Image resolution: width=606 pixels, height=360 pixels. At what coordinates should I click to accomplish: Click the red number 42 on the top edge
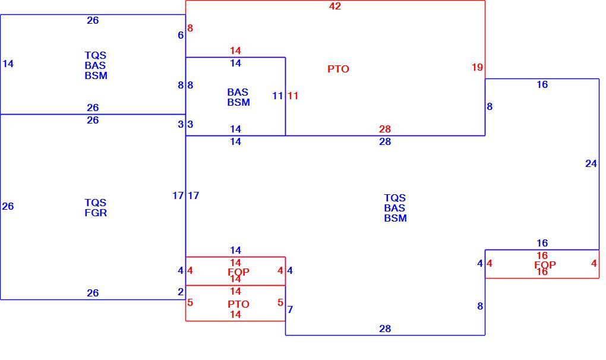tap(335, 6)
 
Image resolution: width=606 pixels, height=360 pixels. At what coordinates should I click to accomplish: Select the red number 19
tap(477, 67)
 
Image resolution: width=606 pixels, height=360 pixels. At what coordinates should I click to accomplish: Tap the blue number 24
tap(591, 164)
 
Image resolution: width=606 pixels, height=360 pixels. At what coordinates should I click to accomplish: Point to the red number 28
tap(385, 129)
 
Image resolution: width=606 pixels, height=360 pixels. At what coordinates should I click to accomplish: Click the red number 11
tap(293, 96)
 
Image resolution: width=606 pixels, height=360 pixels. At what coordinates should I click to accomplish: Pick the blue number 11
tap(277, 96)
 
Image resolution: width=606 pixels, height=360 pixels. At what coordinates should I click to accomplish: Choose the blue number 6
tap(181, 35)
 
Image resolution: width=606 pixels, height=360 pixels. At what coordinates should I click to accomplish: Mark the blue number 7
tap(291, 310)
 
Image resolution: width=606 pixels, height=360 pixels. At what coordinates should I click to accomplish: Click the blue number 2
tap(181, 292)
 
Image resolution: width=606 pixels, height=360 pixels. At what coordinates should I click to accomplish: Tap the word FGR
tap(96, 213)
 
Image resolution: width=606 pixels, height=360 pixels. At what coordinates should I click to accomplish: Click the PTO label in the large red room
tap(338, 69)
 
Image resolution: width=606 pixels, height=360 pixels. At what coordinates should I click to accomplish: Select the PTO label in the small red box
tap(238, 304)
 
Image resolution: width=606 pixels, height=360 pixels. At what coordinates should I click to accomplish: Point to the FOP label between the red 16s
tap(545, 264)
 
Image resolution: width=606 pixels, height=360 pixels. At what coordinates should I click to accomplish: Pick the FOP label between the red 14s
tap(238, 271)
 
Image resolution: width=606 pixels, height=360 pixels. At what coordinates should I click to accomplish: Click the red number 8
tap(190, 28)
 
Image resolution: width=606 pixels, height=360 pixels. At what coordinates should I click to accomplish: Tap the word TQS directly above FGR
tap(96, 203)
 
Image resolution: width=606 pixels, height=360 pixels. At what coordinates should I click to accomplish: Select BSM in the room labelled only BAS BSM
tap(238, 102)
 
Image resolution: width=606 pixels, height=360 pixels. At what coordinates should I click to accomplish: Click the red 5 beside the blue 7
tap(280, 302)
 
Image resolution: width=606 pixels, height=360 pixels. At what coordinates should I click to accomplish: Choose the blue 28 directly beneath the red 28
tap(385, 142)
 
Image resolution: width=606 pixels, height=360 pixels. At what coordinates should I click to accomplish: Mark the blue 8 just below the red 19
tap(490, 106)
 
